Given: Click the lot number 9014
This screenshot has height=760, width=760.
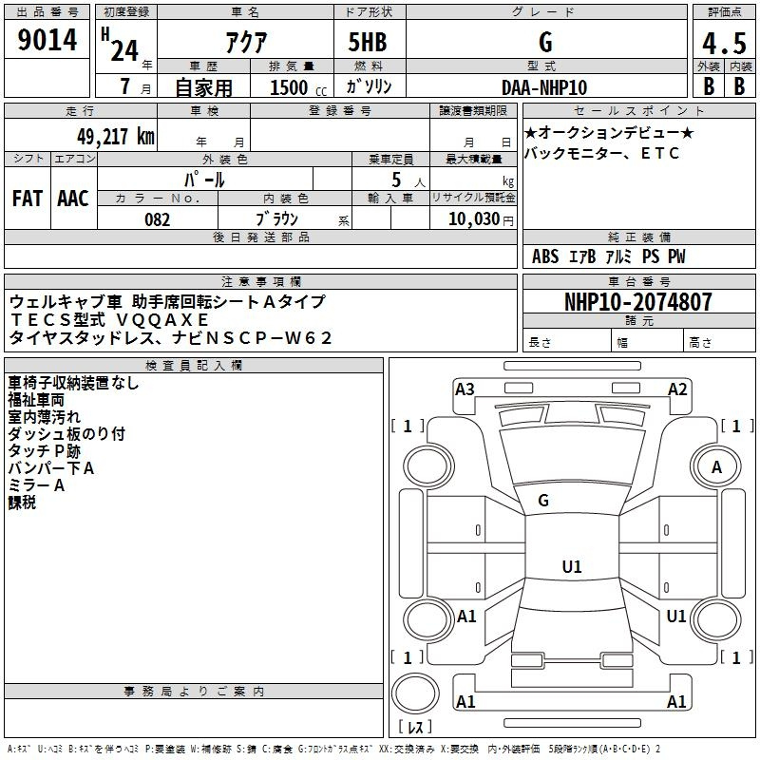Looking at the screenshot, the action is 47,40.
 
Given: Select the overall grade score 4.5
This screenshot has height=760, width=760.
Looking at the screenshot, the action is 724,43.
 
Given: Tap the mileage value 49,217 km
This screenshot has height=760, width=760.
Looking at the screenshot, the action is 115,137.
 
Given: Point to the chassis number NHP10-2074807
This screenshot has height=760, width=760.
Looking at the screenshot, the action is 638,302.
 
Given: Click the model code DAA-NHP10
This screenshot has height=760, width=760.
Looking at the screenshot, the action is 544,87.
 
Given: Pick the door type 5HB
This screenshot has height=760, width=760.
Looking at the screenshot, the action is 368,42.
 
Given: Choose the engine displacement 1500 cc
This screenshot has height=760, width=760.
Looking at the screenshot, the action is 298,87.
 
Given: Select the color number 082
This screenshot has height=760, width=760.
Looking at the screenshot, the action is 158,219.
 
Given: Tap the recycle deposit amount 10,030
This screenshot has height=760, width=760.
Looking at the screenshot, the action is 474,219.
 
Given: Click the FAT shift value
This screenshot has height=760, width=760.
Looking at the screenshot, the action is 28,199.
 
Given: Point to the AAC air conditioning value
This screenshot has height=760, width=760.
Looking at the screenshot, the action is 73,199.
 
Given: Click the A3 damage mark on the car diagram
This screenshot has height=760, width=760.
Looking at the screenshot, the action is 465,389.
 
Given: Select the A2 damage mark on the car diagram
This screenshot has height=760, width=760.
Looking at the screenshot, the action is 677,389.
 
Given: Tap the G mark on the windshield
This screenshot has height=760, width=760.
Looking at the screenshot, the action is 543,501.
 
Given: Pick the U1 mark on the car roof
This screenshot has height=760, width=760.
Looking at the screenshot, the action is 572,566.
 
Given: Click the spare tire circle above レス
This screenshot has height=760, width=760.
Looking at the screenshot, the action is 415,693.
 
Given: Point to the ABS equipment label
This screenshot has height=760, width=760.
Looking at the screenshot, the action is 545,256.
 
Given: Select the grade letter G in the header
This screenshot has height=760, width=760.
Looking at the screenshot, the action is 545,42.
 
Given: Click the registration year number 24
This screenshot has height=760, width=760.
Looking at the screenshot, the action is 124,50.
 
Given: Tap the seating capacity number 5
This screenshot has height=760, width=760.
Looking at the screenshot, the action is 396,180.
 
